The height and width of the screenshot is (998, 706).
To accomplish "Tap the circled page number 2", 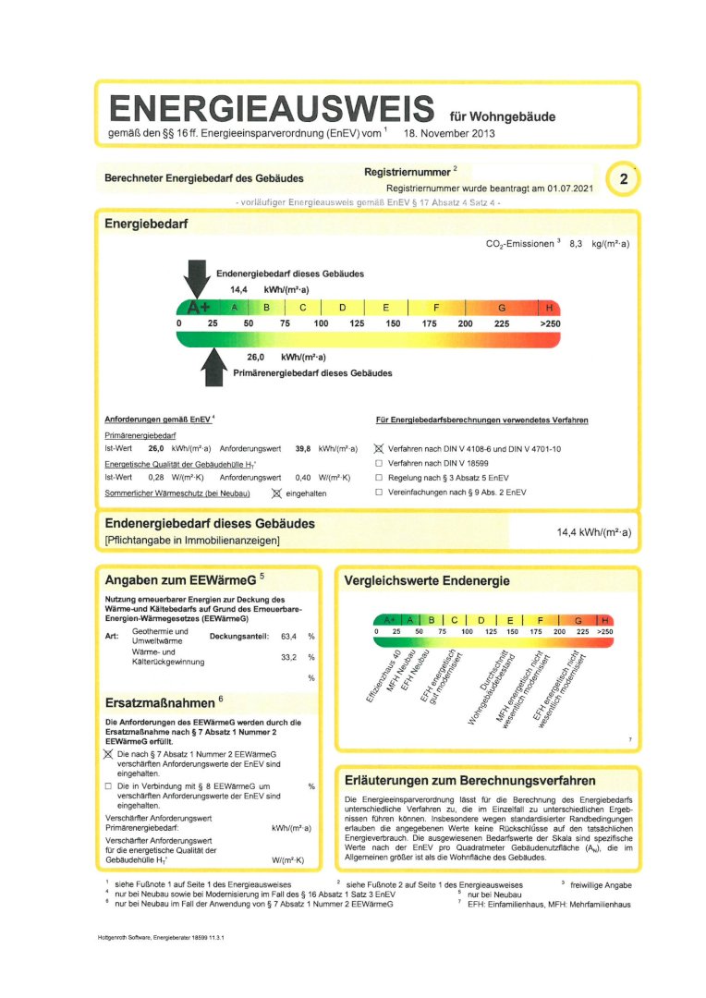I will pyautogui.click(x=624, y=180).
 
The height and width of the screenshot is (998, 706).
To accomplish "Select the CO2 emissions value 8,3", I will pyautogui.click(x=576, y=243).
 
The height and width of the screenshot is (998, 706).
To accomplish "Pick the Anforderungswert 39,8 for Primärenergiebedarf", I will pyautogui.click(x=302, y=448).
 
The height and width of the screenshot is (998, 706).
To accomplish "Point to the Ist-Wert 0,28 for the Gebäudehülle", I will pyautogui.click(x=156, y=477).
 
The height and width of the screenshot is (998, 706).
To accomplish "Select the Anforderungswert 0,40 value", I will pyautogui.click(x=302, y=477).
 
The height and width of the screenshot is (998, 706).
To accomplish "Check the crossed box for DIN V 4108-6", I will pyautogui.click(x=379, y=449).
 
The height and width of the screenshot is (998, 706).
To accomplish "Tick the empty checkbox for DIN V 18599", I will pyautogui.click(x=379, y=463).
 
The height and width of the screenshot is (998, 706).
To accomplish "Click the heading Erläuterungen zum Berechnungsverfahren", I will pyautogui.click(x=469, y=780).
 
